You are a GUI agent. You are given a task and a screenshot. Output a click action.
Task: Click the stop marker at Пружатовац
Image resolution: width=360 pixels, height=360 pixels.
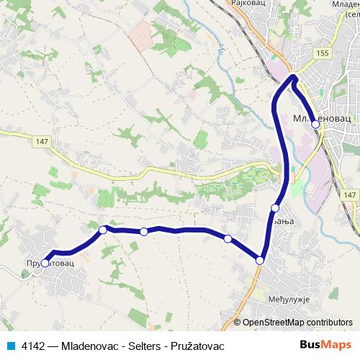tap(45, 264)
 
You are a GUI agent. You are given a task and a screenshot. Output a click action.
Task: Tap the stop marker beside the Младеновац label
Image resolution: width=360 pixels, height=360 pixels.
tap(315, 125)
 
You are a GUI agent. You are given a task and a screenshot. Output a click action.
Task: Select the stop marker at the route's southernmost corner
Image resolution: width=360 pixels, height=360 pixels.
tap(260, 259)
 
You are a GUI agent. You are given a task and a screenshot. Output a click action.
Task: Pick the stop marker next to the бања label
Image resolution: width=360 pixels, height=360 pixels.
tap(275, 208)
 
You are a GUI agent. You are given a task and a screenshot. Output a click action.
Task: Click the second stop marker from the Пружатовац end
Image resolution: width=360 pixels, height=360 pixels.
tap(103, 230)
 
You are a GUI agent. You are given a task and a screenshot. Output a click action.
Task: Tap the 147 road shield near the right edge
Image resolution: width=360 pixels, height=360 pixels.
tap(349, 195)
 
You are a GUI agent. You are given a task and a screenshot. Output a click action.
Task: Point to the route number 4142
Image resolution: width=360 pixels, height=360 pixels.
tap(30, 346)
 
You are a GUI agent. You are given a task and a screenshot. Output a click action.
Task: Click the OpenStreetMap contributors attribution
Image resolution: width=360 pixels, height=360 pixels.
tap(297, 323)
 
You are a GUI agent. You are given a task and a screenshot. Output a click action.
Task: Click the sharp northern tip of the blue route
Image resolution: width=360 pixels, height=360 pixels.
tap(294, 76)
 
